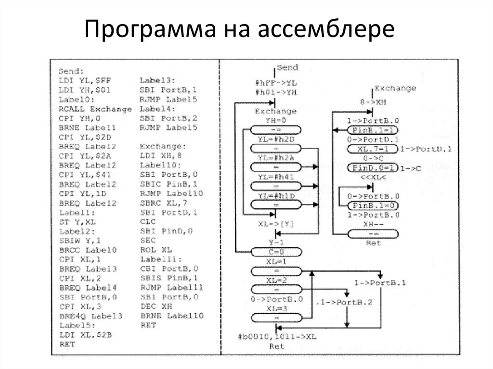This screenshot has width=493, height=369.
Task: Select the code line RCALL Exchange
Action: [95, 109]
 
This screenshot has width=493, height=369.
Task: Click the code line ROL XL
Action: [156, 250]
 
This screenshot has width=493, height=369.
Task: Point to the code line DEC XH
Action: [156, 306]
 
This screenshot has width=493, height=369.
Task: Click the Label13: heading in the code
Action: [157, 80]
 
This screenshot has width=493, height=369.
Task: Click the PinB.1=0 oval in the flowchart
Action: [373, 205]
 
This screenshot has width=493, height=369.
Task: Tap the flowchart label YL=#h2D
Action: [276, 139]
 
